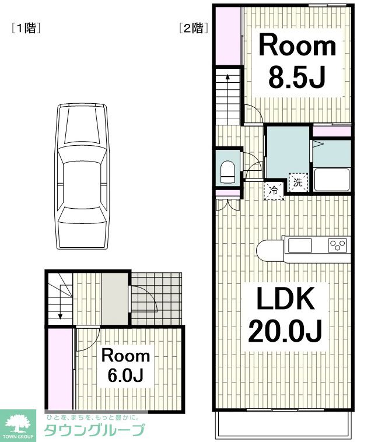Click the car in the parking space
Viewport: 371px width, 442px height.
pos(82,176)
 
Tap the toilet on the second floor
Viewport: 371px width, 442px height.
pos(228,172)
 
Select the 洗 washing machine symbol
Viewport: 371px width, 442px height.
pos(298,183)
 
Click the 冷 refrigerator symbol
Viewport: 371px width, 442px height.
pos(274,191)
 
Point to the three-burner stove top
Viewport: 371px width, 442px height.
pos(338,245)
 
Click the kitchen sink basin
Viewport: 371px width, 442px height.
pos(300,245)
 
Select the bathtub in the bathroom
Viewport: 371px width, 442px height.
pos(332,180)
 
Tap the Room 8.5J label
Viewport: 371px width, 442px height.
pos(297,61)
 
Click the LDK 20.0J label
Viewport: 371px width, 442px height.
pos(285,314)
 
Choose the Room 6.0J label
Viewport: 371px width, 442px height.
pos(125,366)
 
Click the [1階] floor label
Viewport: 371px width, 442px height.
pos(26,28)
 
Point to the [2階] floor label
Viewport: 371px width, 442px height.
pos(194,28)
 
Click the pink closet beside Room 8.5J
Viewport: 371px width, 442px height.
pos(228,36)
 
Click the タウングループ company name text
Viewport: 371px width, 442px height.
pos(94,430)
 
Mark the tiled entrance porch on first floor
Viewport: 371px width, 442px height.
pos(156,299)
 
